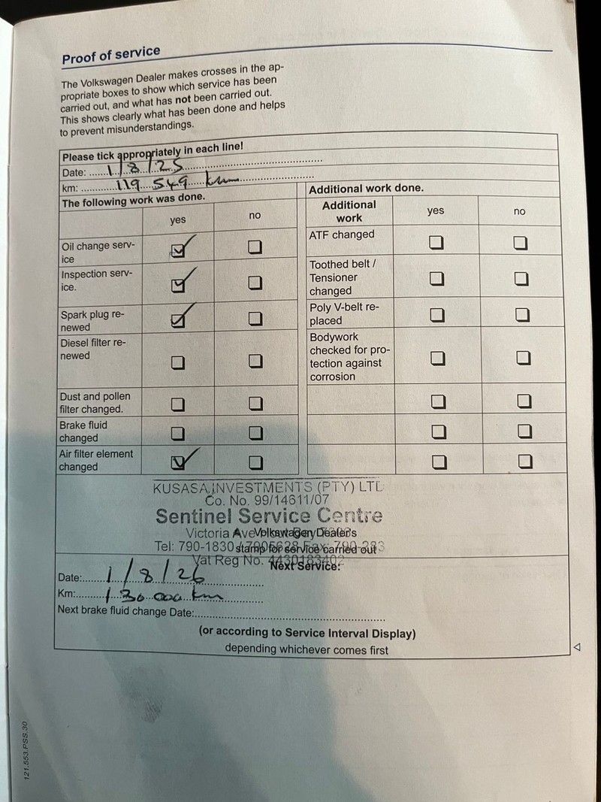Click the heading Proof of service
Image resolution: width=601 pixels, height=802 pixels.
pos(111,55)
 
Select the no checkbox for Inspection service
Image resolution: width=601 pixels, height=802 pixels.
pos(255,283)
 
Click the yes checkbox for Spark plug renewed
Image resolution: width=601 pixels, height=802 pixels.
pos(178,321)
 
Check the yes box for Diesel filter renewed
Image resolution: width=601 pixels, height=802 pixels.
pos(177,362)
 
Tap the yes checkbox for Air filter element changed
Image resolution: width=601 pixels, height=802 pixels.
pos(178,462)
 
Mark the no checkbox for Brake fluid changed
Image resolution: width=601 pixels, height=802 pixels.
pos(255,433)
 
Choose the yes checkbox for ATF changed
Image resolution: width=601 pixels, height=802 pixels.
pos(436,242)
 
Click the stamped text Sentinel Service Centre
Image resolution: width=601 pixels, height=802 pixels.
pos(269,516)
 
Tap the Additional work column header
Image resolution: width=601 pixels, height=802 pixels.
pos(349,211)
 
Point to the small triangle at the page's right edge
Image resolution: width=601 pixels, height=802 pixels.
pos(577,646)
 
